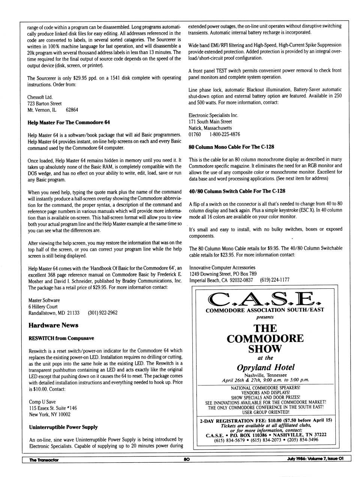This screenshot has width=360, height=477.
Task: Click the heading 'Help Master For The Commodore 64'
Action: click(x=69, y=123)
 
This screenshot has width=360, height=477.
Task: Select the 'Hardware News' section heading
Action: click(x=53, y=325)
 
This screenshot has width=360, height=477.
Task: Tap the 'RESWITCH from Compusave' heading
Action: click(x=61, y=338)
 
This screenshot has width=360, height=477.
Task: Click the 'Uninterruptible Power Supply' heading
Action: click(x=63, y=427)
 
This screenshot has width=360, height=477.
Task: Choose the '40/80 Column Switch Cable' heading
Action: click(x=237, y=191)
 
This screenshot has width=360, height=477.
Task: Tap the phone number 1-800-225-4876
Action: click(x=225, y=134)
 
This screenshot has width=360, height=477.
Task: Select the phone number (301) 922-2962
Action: click(x=102, y=313)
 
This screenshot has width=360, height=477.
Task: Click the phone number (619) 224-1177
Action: click(x=274, y=280)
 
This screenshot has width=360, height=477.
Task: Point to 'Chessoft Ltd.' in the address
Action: click(x=40, y=97)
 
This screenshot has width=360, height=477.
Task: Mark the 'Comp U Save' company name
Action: click(x=42, y=402)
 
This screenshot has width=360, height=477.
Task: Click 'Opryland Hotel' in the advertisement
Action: click(x=265, y=367)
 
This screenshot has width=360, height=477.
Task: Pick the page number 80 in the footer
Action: click(x=186, y=460)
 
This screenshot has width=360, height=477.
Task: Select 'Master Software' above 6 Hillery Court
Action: click(x=44, y=300)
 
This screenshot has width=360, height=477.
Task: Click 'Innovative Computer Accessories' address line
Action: click(x=222, y=268)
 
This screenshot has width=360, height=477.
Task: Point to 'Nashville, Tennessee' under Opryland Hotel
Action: click(x=265, y=375)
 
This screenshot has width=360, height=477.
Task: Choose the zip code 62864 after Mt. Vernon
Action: click(x=72, y=110)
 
